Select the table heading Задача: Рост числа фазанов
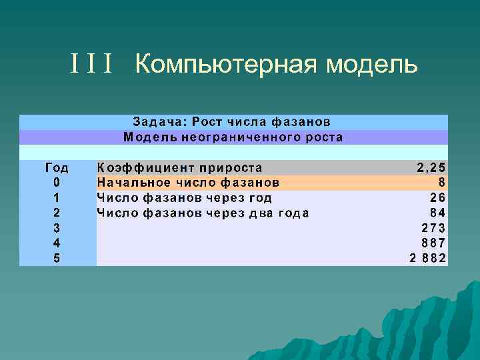pyautogui.click(x=232, y=122)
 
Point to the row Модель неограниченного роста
pyautogui.click(x=233, y=137)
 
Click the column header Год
pyautogui.click(x=57, y=167)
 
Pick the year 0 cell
pyautogui.click(x=57, y=183)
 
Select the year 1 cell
pyautogui.click(x=57, y=198)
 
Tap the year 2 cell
pyautogui.click(x=57, y=213)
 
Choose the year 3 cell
pyautogui.click(x=57, y=228)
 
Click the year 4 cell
pyautogui.click(x=57, y=243)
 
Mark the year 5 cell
pyautogui.click(x=57, y=259)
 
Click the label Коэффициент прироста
pyautogui.click(x=180, y=167)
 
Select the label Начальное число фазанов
pyautogui.click(x=188, y=183)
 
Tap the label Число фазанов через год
pyautogui.click(x=185, y=198)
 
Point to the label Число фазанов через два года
pyautogui.click(x=203, y=213)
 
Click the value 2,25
pyautogui.click(x=431, y=167)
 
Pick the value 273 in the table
pyautogui.click(x=433, y=228)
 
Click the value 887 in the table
pyautogui.click(x=433, y=243)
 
